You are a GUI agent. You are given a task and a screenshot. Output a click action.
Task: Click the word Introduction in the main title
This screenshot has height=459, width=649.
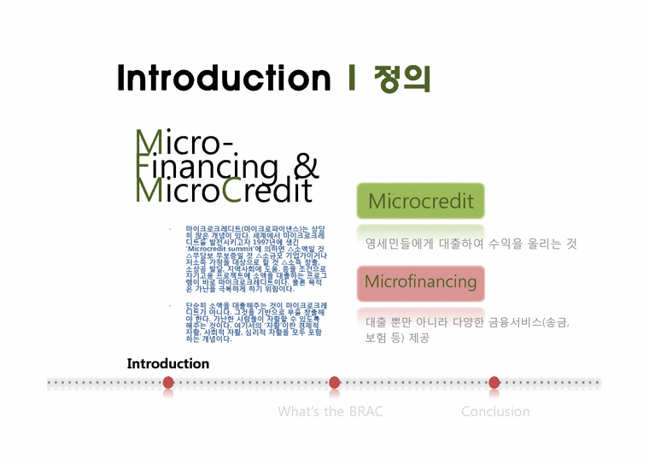coord(223,78)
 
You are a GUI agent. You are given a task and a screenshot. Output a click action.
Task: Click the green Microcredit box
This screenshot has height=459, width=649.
coord(420,202)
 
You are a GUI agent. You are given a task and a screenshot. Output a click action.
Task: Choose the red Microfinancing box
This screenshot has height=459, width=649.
coord(420,282)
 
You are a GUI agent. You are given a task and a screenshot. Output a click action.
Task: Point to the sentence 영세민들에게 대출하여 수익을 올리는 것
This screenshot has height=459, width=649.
coord(471,244)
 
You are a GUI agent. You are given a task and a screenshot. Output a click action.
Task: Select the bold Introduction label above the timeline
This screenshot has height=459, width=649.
coord(168,363)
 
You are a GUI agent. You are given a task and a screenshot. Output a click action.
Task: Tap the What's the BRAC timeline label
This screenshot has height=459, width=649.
coord(330,411)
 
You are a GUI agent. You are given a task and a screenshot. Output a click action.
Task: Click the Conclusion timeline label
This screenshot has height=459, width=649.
coord(495,411)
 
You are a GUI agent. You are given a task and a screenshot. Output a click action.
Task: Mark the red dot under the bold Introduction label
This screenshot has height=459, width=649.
coord(168,382)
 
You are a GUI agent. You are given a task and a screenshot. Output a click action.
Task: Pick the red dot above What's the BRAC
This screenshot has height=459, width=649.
coord(335,382)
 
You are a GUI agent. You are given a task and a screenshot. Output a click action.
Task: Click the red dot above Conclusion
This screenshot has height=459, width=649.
coord(494,382)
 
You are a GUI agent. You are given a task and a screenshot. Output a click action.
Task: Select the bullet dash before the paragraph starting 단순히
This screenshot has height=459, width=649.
coord(170,304)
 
